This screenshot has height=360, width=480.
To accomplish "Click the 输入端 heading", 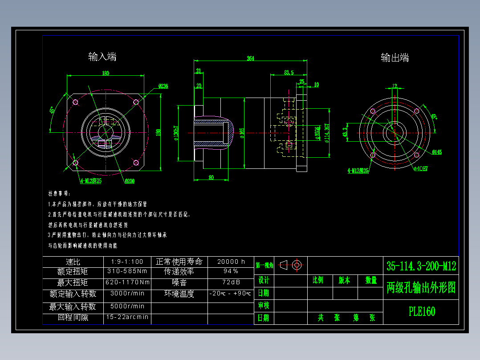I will (x=102, y=57).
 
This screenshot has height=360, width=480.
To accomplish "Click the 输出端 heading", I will (x=395, y=57).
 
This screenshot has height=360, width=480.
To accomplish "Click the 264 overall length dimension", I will (x=250, y=58).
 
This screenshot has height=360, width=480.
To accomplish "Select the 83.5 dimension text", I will (x=289, y=72).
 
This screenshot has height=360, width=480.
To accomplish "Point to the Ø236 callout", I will (x=163, y=86).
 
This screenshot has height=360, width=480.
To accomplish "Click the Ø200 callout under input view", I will (x=130, y=181).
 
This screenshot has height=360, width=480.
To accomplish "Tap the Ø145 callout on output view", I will (x=436, y=152).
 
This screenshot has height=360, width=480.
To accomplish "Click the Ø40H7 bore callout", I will (x=421, y=168).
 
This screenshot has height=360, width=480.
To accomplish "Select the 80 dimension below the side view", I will (x=211, y=177).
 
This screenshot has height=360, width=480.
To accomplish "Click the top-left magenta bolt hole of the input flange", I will (x=75, y=102).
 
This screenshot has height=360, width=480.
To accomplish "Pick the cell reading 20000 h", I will (x=231, y=262).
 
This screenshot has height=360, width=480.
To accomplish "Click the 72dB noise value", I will (x=231, y=282).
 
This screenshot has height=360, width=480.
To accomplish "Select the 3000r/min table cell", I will (x=128, y=294).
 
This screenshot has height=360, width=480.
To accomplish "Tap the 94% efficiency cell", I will (x=231, y=271).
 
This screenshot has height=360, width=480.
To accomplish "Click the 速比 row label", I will (x=73, y=262).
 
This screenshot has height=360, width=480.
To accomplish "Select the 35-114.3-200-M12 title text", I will (x=421, y=266).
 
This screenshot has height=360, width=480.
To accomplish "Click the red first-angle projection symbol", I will (x=292, y=265).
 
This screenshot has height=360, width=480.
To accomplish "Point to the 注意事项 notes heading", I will (x=59, y=194).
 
